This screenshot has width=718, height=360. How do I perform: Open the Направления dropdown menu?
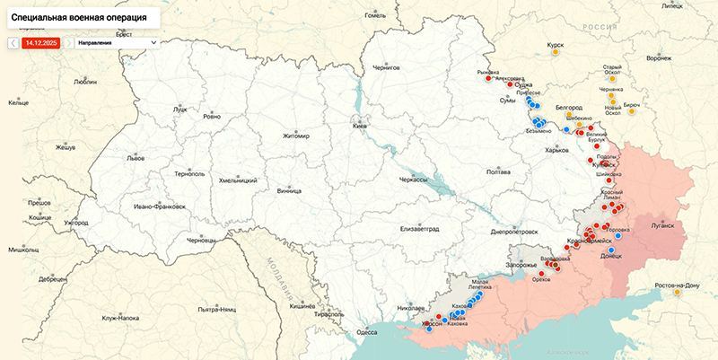[116, 41]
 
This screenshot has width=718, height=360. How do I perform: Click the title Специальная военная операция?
[81, 17]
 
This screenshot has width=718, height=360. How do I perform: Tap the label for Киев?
[360, 127]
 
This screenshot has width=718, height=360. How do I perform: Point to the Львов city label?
[135, 156]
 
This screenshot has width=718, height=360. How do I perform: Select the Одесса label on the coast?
[367, 332]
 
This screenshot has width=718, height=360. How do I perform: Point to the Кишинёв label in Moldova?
[302, 306]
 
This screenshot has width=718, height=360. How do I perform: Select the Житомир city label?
[295, 136]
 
